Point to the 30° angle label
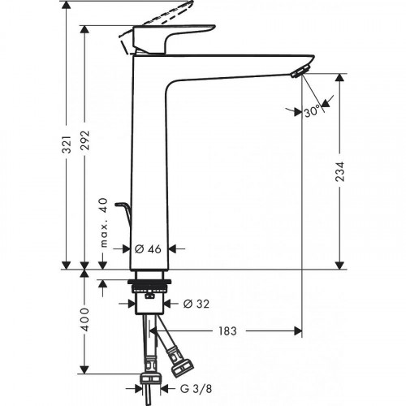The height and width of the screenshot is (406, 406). [x=312, y=112]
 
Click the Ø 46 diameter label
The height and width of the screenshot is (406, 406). [x=152, y=250]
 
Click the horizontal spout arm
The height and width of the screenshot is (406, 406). [x=235, y=65]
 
